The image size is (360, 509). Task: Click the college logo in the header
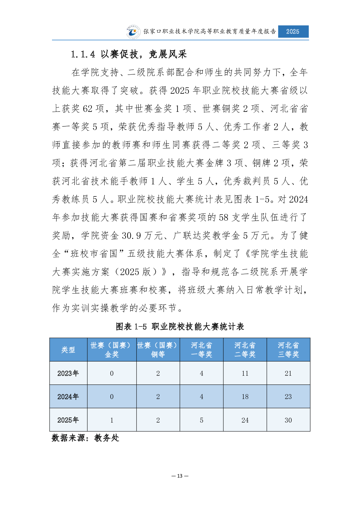[x=133, y=32]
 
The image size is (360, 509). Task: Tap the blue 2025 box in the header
[x=293, y=31]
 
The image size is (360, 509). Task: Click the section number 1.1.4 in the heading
[x=83, y=54]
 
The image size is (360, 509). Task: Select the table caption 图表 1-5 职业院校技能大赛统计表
[x=180, y=326]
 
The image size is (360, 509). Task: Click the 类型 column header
[x=68, y=350]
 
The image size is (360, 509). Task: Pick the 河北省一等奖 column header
[x=201, y=350]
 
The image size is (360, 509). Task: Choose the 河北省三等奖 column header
[x=288, y=350]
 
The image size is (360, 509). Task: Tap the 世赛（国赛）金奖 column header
[x=112, y=350]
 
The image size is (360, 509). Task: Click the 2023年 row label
[x=68, y=373]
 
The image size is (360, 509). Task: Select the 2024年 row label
[x=68, y=397]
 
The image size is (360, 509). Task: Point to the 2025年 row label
[x=68, y=420]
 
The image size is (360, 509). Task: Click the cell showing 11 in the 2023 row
[x=245, y=373]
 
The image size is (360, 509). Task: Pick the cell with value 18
[x=245, y=397]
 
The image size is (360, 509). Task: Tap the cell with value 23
[x=288, y=397]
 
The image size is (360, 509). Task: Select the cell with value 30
[x=288, y=420]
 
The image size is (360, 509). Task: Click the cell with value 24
[x=245, y=420]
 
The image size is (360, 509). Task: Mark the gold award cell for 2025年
[x=112, y=420]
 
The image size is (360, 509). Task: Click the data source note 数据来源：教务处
[x=86, y=438]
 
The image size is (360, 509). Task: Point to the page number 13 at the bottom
[x=180, y=476]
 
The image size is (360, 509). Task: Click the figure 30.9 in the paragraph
[x=131, y=235]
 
